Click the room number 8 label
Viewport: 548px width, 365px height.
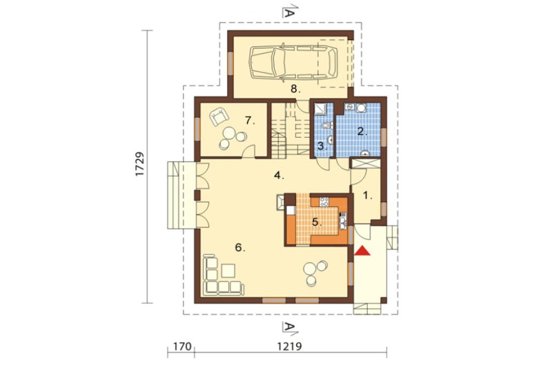295,89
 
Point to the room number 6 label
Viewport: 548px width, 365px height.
240,248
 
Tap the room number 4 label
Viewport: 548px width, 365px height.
278,175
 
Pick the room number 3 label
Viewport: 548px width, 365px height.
322,146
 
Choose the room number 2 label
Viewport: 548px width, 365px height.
362,132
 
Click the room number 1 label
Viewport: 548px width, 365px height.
367,196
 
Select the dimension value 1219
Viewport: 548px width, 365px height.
289,346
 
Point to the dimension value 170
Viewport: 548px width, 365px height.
182,346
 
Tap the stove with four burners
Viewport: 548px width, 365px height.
324,201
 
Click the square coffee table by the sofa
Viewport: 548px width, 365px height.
228,271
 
